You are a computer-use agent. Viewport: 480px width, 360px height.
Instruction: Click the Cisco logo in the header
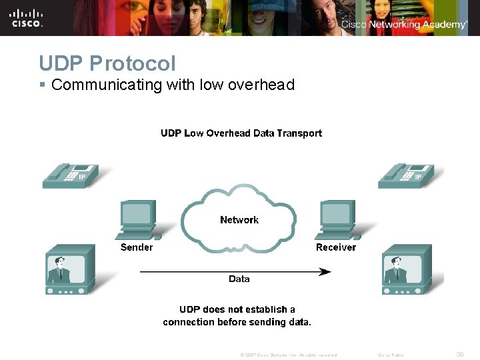(x=27, y=17)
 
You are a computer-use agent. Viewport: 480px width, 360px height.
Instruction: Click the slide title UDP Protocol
(x=107, y=63)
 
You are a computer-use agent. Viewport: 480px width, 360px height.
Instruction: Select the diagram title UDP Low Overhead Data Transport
(x=241, y=133)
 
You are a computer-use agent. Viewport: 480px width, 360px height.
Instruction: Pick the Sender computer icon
(x=139, y=221)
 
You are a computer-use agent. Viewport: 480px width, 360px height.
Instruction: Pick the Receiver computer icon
(x=337, y=221)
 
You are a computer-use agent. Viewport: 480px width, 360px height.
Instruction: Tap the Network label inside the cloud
(x=239, y=220)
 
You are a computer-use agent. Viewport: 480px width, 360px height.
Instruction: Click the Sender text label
(x=137, y=247)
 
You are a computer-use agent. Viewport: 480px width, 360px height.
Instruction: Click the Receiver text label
(x=336, y=247)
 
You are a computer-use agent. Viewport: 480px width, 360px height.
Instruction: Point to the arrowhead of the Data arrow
(x=325, y=271)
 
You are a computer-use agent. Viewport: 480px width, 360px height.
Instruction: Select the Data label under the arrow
(x=239, y=279)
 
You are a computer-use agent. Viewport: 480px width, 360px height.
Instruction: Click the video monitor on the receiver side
(x=406, y=269)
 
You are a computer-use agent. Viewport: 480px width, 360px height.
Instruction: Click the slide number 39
(x=460, y=355)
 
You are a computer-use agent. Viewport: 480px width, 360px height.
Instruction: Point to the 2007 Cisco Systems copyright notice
(x=289, y=355)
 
